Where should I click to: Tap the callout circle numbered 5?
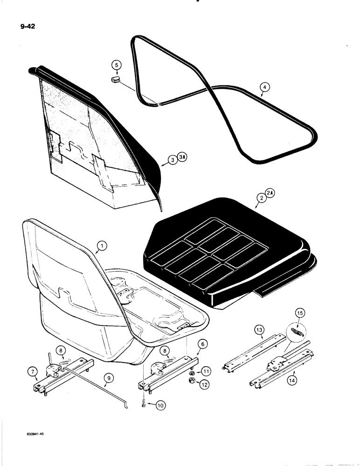pos(117,65)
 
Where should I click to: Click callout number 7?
pos(33,371)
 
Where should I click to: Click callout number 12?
pos(205,384)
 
